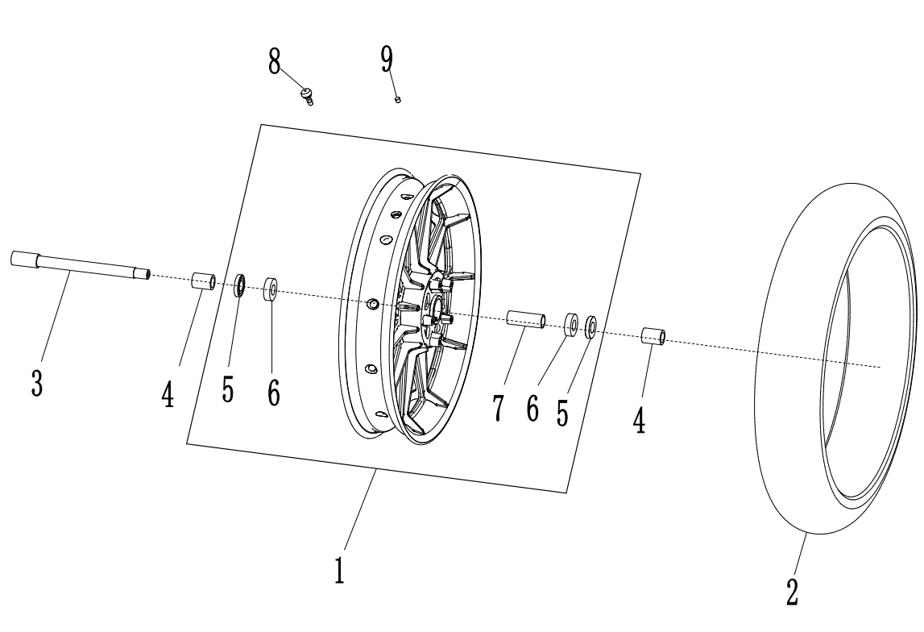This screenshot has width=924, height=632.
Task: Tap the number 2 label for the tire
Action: point(793,592)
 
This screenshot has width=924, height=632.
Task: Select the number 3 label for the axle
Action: point(37,381)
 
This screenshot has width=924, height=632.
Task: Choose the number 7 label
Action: point(499,407)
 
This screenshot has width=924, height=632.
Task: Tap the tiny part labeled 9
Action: point(398,99)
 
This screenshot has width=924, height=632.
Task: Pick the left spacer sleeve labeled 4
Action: point(203,282)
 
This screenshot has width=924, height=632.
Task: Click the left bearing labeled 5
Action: point(239,285)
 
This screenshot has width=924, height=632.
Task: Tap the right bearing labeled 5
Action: point(590,326)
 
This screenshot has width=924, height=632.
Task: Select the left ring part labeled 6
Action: point(271,289)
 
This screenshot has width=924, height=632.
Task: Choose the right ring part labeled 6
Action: point(570,325)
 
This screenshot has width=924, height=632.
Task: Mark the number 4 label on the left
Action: point(168,394)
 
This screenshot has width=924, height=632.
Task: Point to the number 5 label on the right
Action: point(561,412)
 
